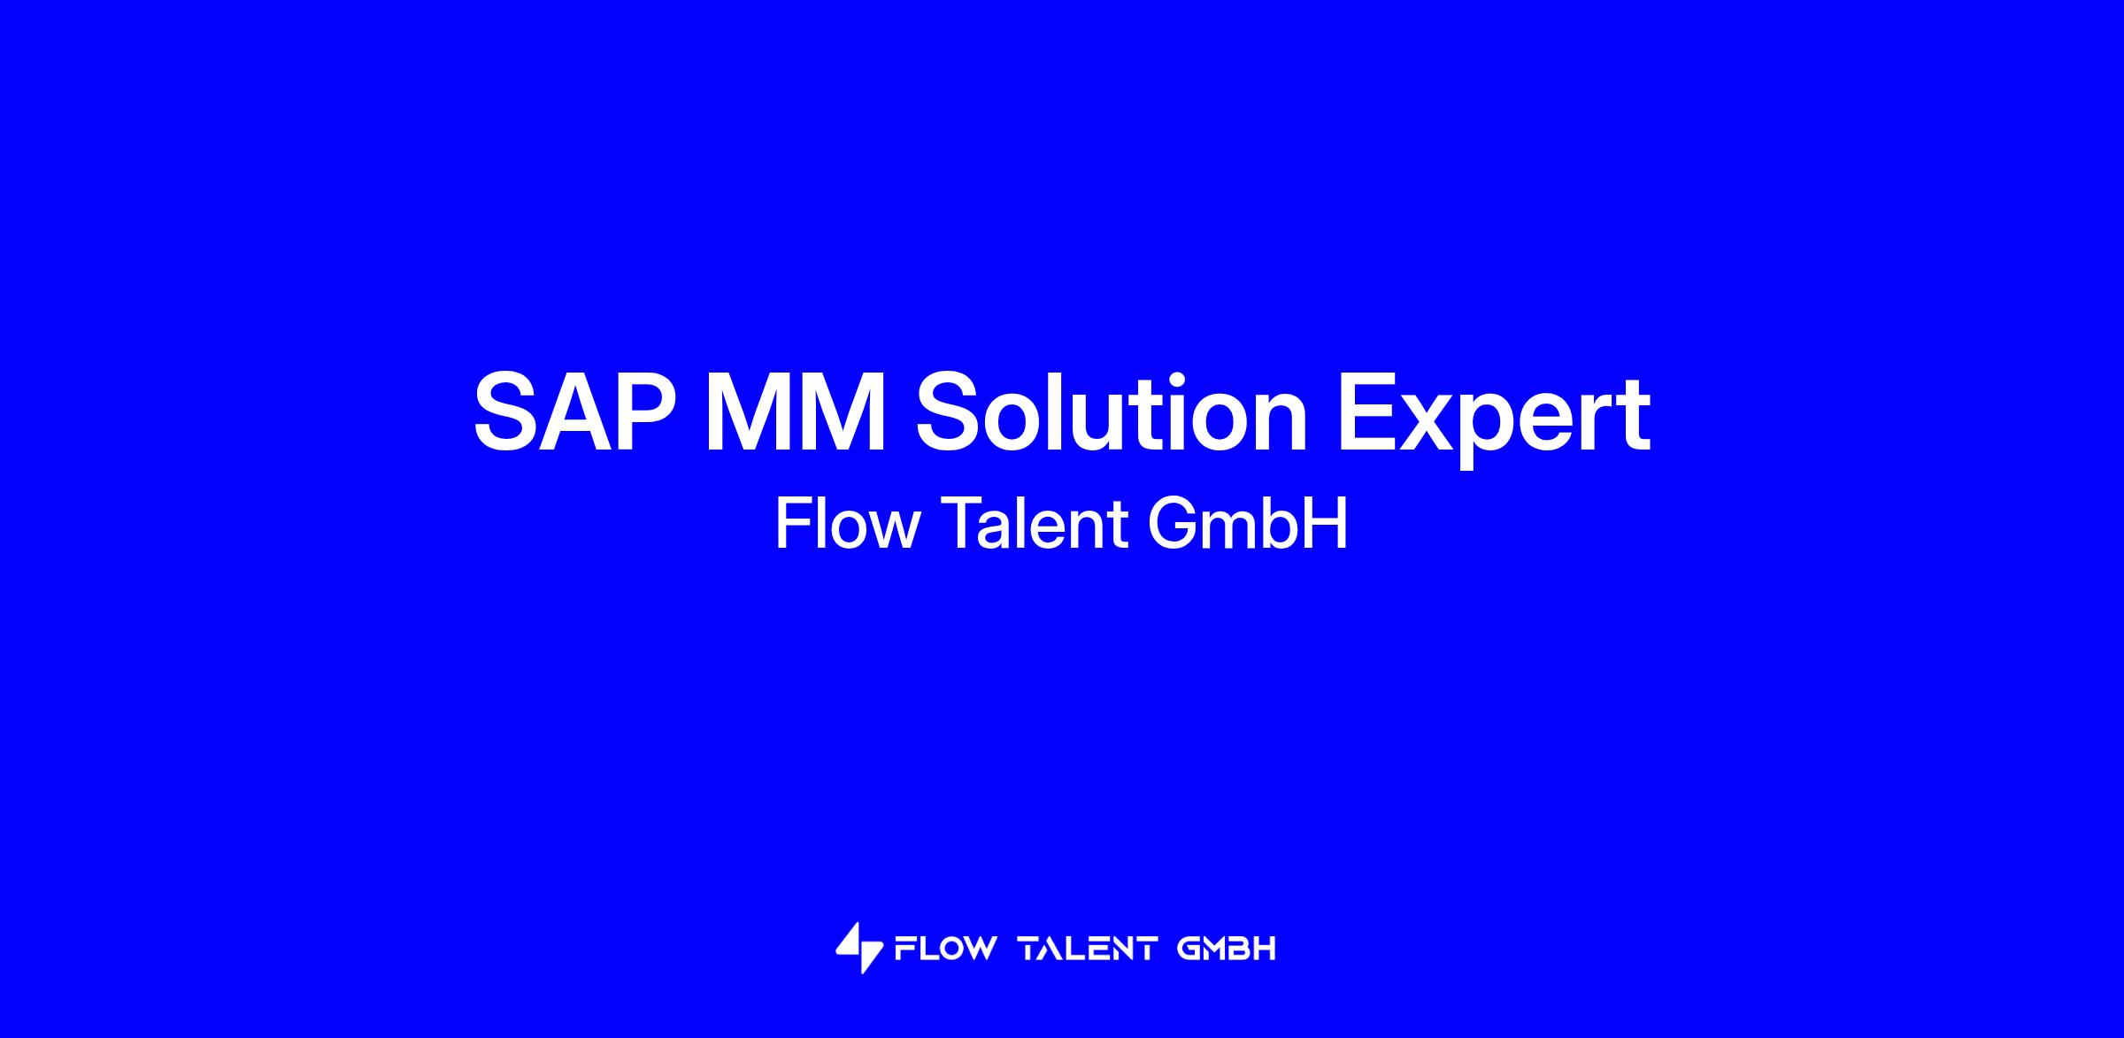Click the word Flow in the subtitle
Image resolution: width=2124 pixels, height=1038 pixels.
(x=848, y=524)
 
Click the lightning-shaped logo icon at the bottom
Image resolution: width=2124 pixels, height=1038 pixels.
(x=859, y=948)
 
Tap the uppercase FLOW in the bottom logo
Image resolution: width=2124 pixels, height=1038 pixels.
(x=944, y=949)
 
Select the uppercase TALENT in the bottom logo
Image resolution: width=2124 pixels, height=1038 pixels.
(x=1089, y=949)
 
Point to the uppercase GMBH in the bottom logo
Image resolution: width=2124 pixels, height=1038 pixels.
(x=1227, y=949)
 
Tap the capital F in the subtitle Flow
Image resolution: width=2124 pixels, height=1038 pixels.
(x=793, y=524)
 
